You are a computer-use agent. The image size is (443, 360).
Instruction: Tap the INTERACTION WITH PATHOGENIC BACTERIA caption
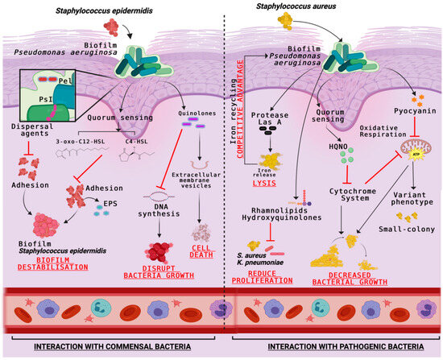[332, 346]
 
